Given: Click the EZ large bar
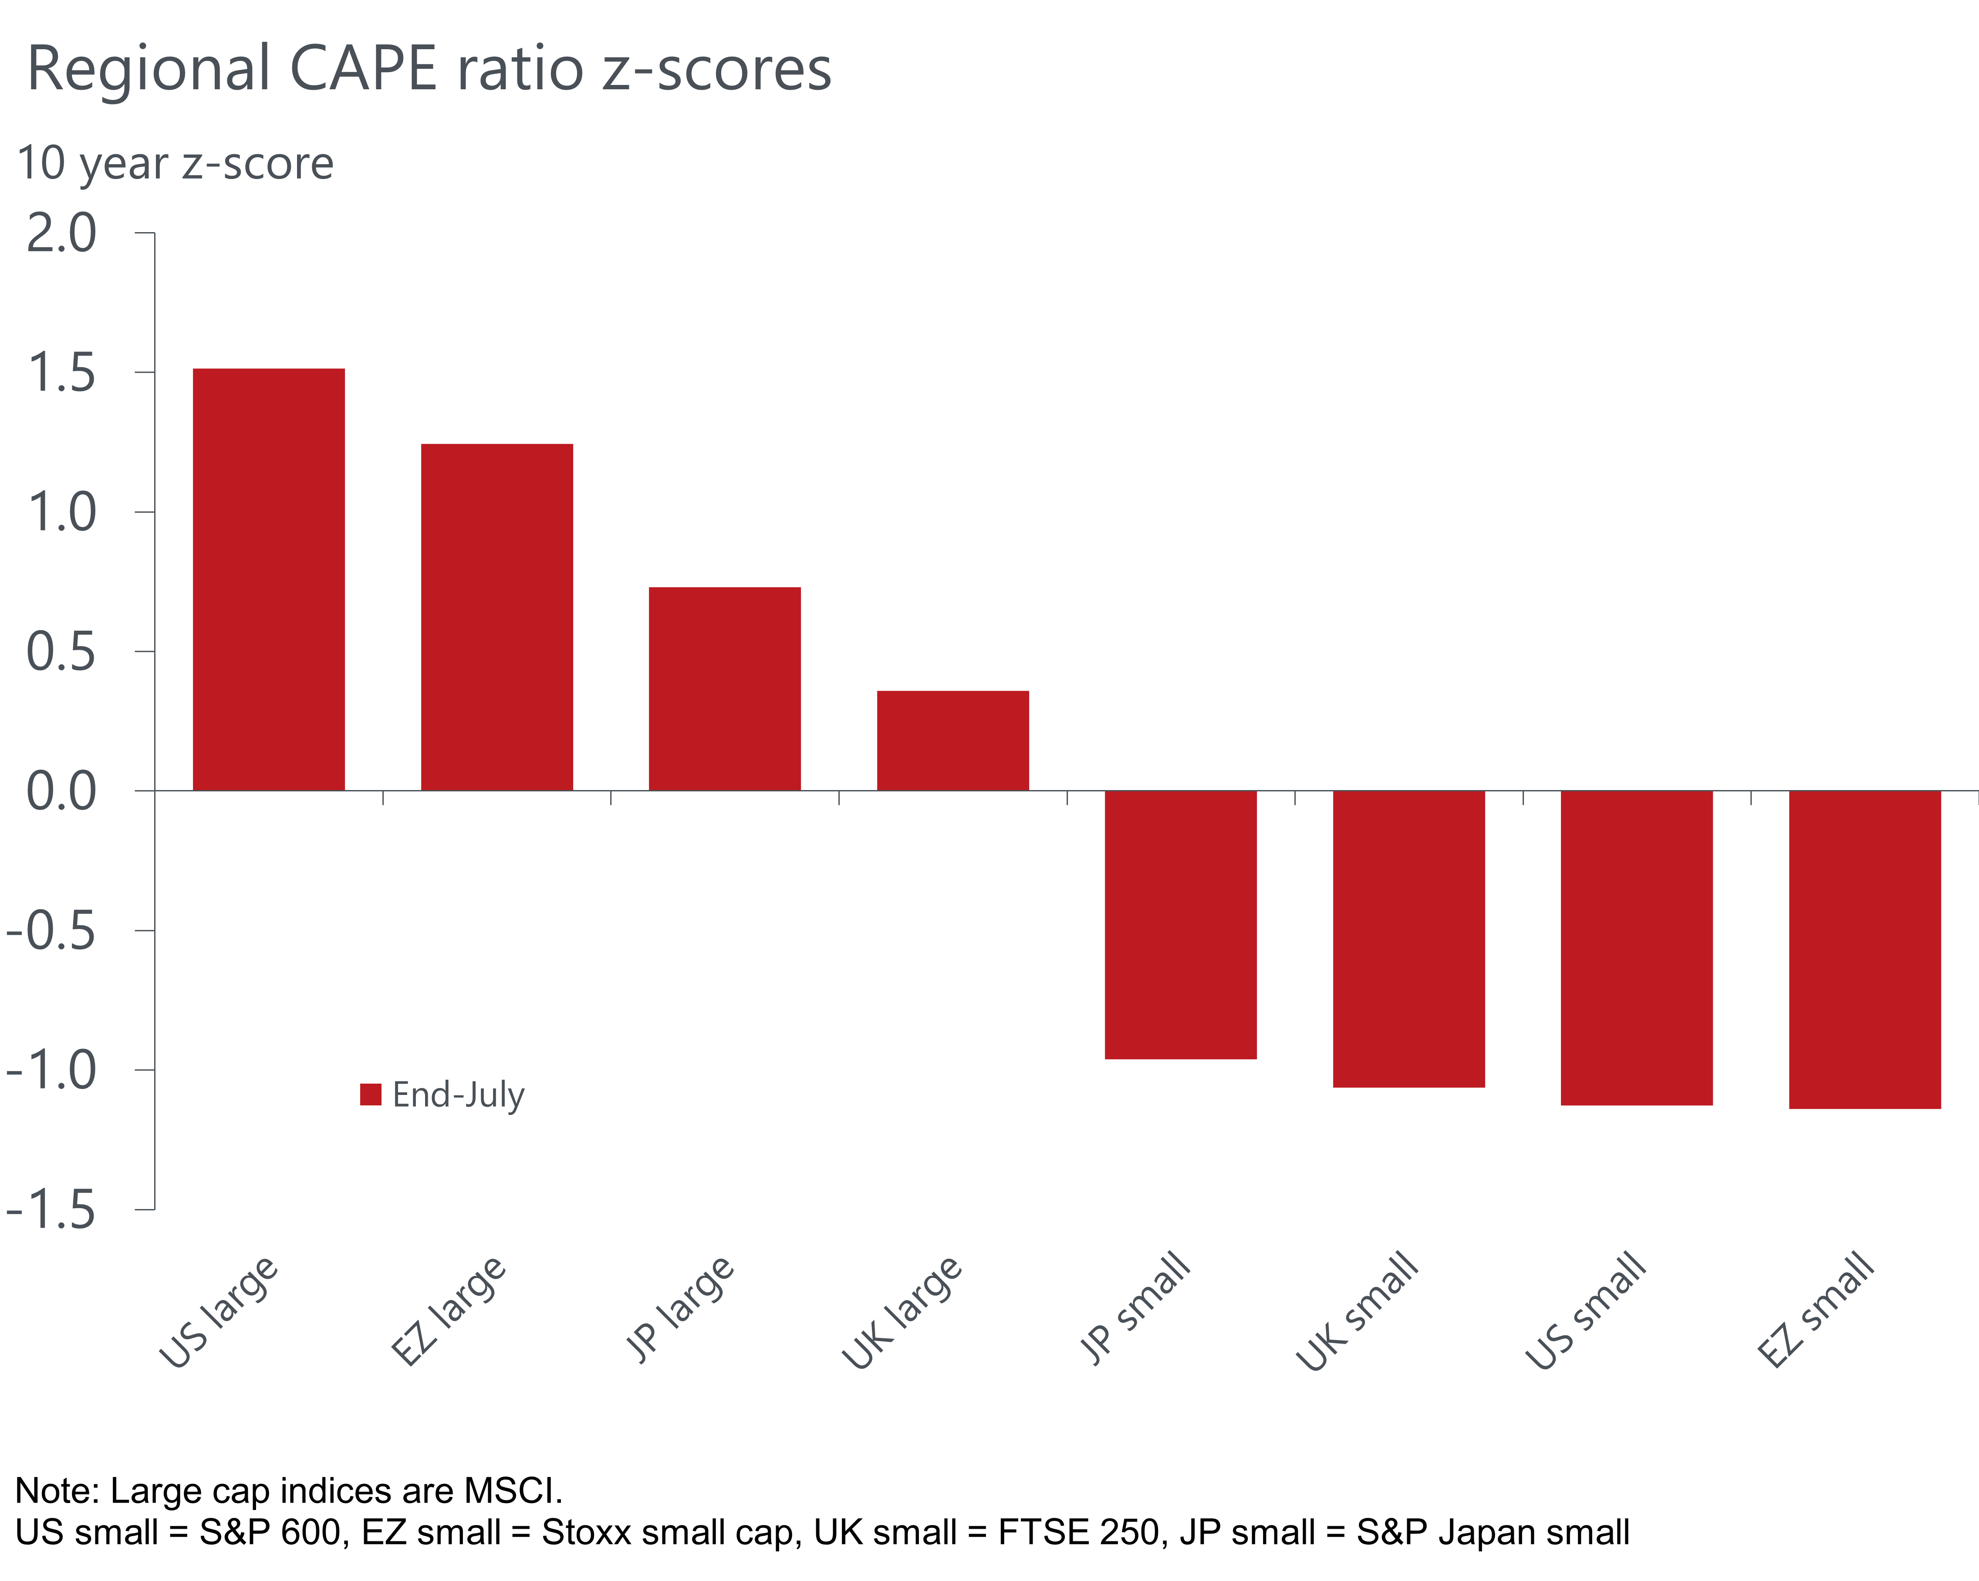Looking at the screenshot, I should tap(496, 617).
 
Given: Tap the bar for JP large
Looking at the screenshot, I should tap(725, 689).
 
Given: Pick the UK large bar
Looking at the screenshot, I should tap(953, 740).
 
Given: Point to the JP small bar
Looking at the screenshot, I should tap(1180, 925).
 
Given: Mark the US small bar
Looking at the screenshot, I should tap(1637, 947).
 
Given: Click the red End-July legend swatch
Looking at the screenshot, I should tap(371, 1095).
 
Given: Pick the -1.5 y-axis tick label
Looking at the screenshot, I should tap(51, 1210).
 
